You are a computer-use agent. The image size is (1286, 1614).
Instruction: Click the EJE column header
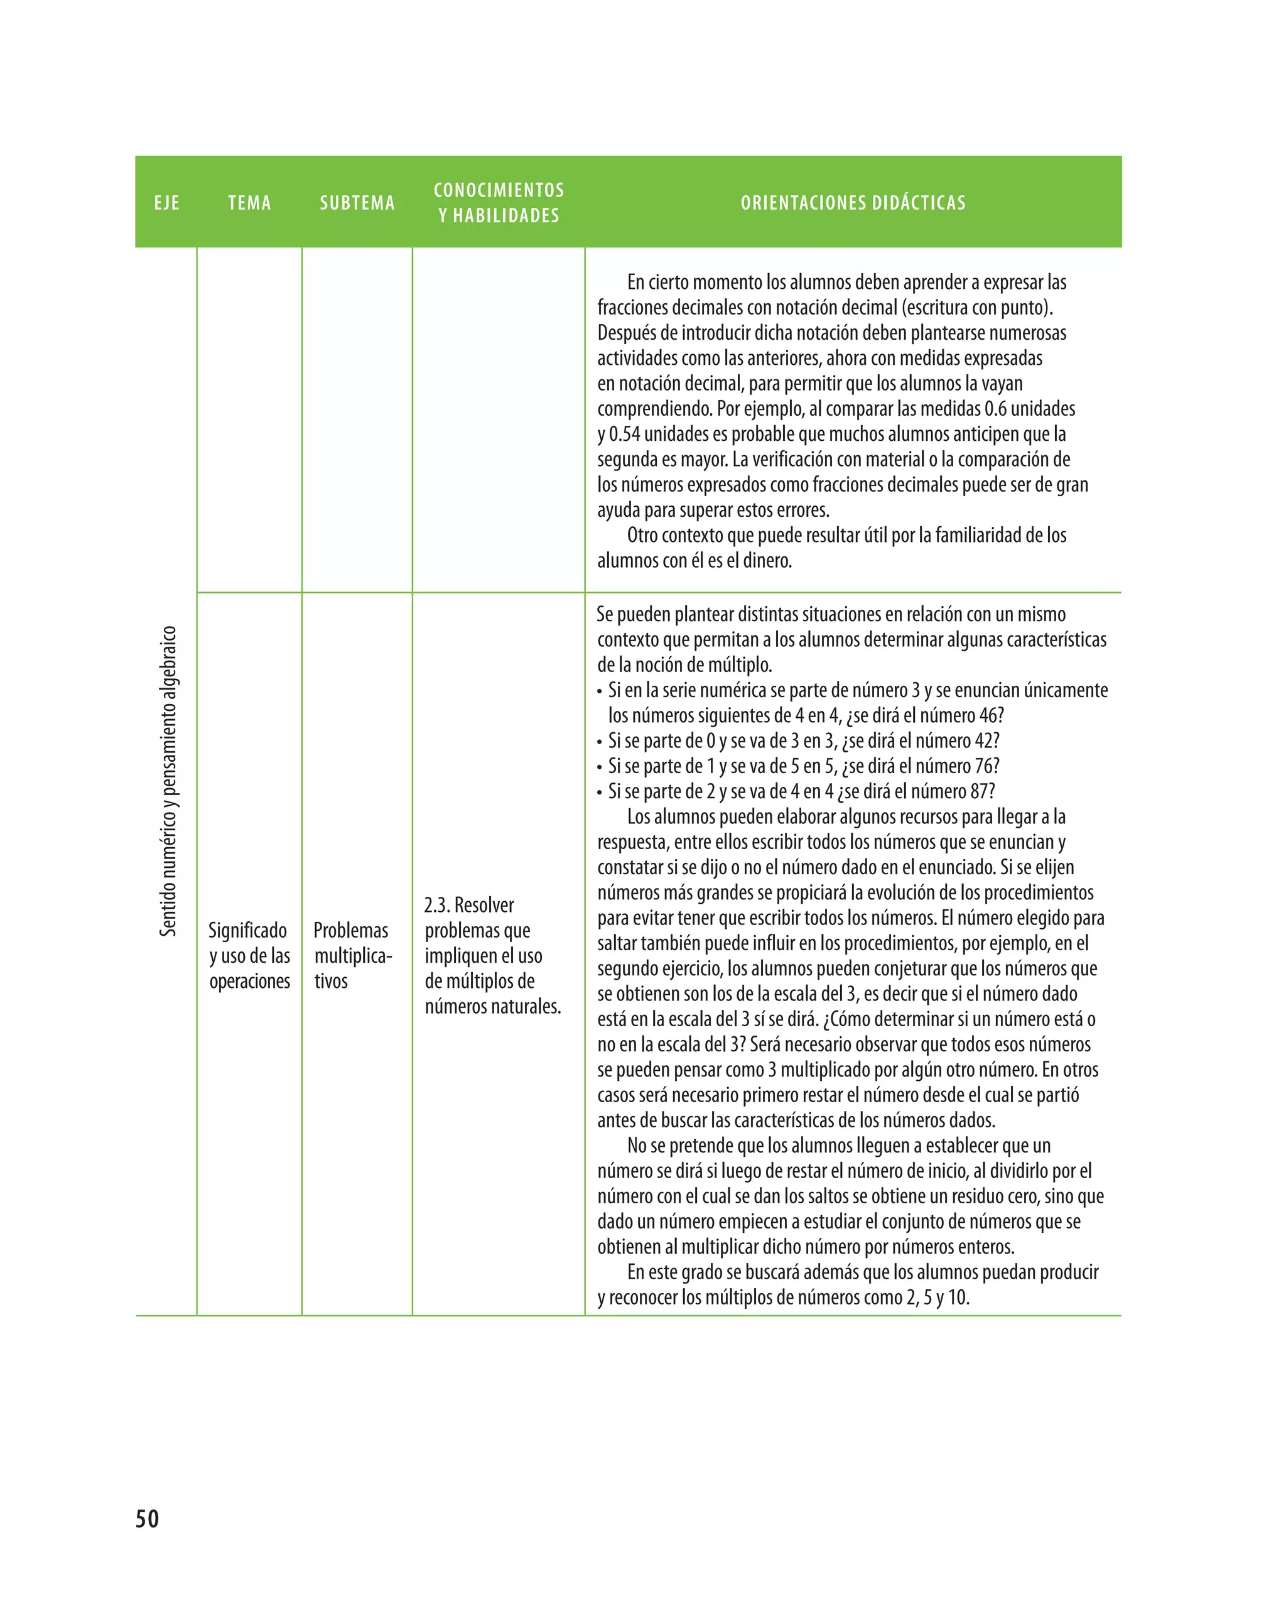167,203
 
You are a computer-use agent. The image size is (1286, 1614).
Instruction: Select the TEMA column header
249,203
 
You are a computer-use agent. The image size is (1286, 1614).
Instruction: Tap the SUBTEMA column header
357,203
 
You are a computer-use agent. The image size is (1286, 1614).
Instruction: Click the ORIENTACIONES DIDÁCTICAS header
853,203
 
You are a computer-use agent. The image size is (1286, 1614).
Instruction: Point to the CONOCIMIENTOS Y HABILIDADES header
499,203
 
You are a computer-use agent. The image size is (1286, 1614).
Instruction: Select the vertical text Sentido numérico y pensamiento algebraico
168,781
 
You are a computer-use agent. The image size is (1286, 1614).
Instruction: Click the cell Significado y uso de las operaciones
249,955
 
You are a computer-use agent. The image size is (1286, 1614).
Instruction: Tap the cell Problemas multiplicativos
352,955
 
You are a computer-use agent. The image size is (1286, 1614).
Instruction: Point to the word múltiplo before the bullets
743,666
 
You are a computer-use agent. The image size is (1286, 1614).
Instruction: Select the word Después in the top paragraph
626,333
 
